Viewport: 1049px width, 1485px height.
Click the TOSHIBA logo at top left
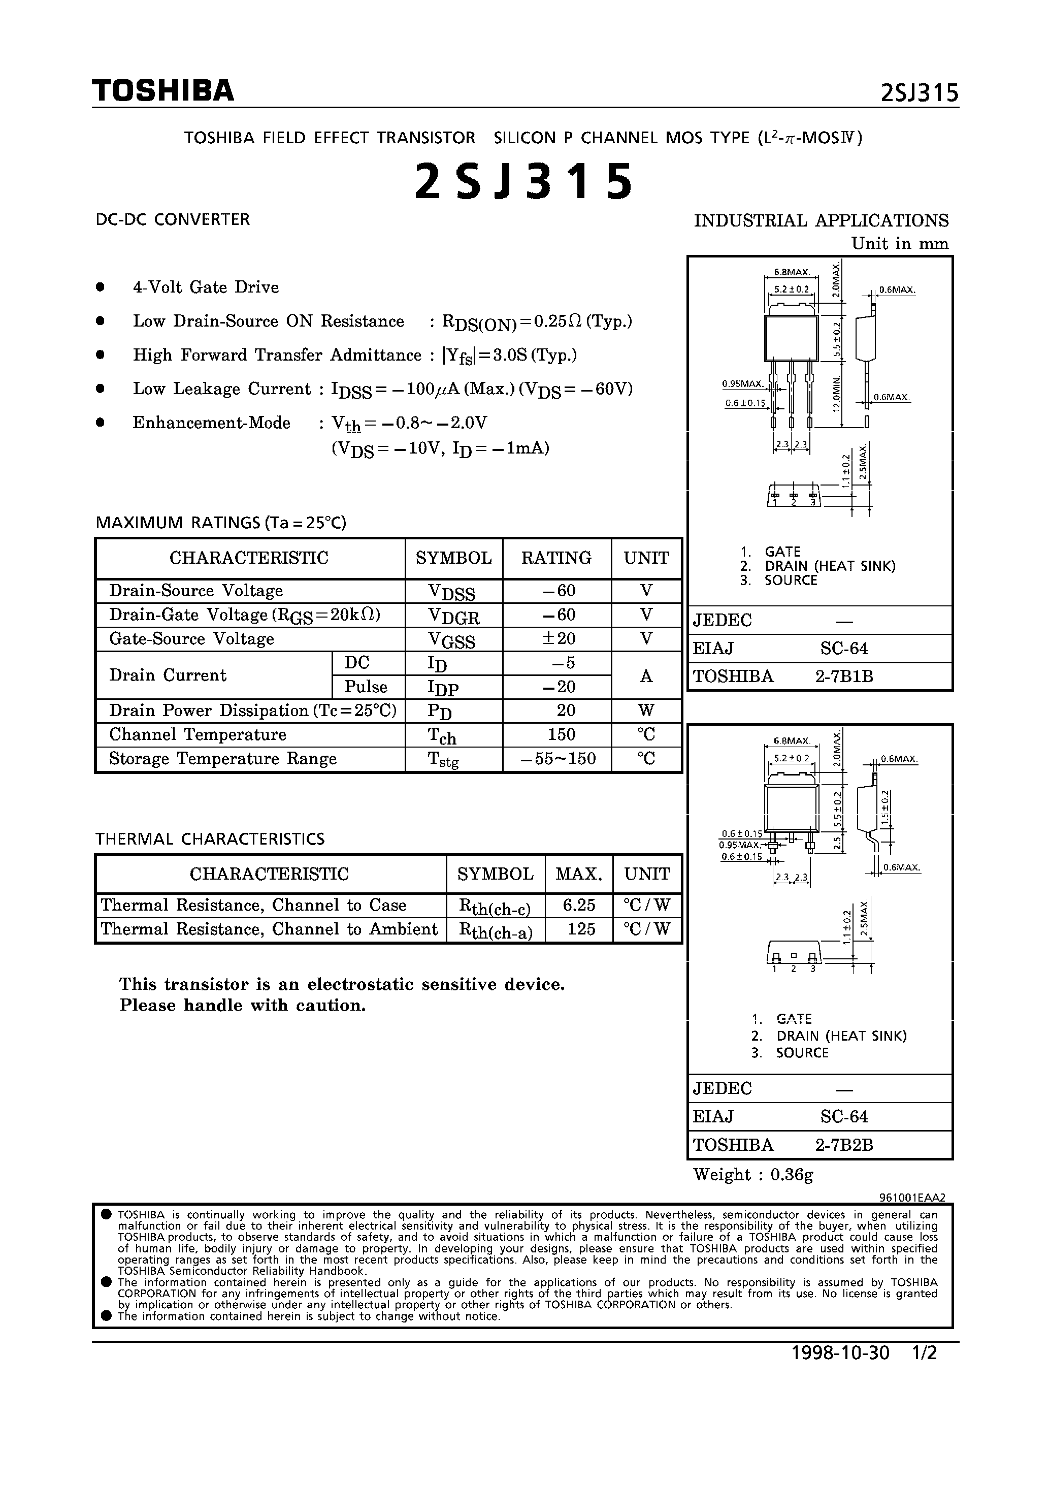[162, 91]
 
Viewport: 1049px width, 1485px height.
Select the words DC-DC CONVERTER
[173, 220]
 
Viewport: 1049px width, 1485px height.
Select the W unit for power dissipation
[645, 711]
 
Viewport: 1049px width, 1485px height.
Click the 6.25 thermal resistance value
[579, 906]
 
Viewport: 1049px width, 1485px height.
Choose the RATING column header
[556, 558]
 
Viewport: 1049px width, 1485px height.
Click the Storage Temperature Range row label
[222, 759]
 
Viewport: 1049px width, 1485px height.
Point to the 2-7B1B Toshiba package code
[843, 676]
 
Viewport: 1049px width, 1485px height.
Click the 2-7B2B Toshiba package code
[843, 1145]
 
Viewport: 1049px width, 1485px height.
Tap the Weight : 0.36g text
[753, 1175]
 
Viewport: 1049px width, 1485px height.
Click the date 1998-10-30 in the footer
[840, 1371]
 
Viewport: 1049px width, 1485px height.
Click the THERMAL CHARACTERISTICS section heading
[210, 840]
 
